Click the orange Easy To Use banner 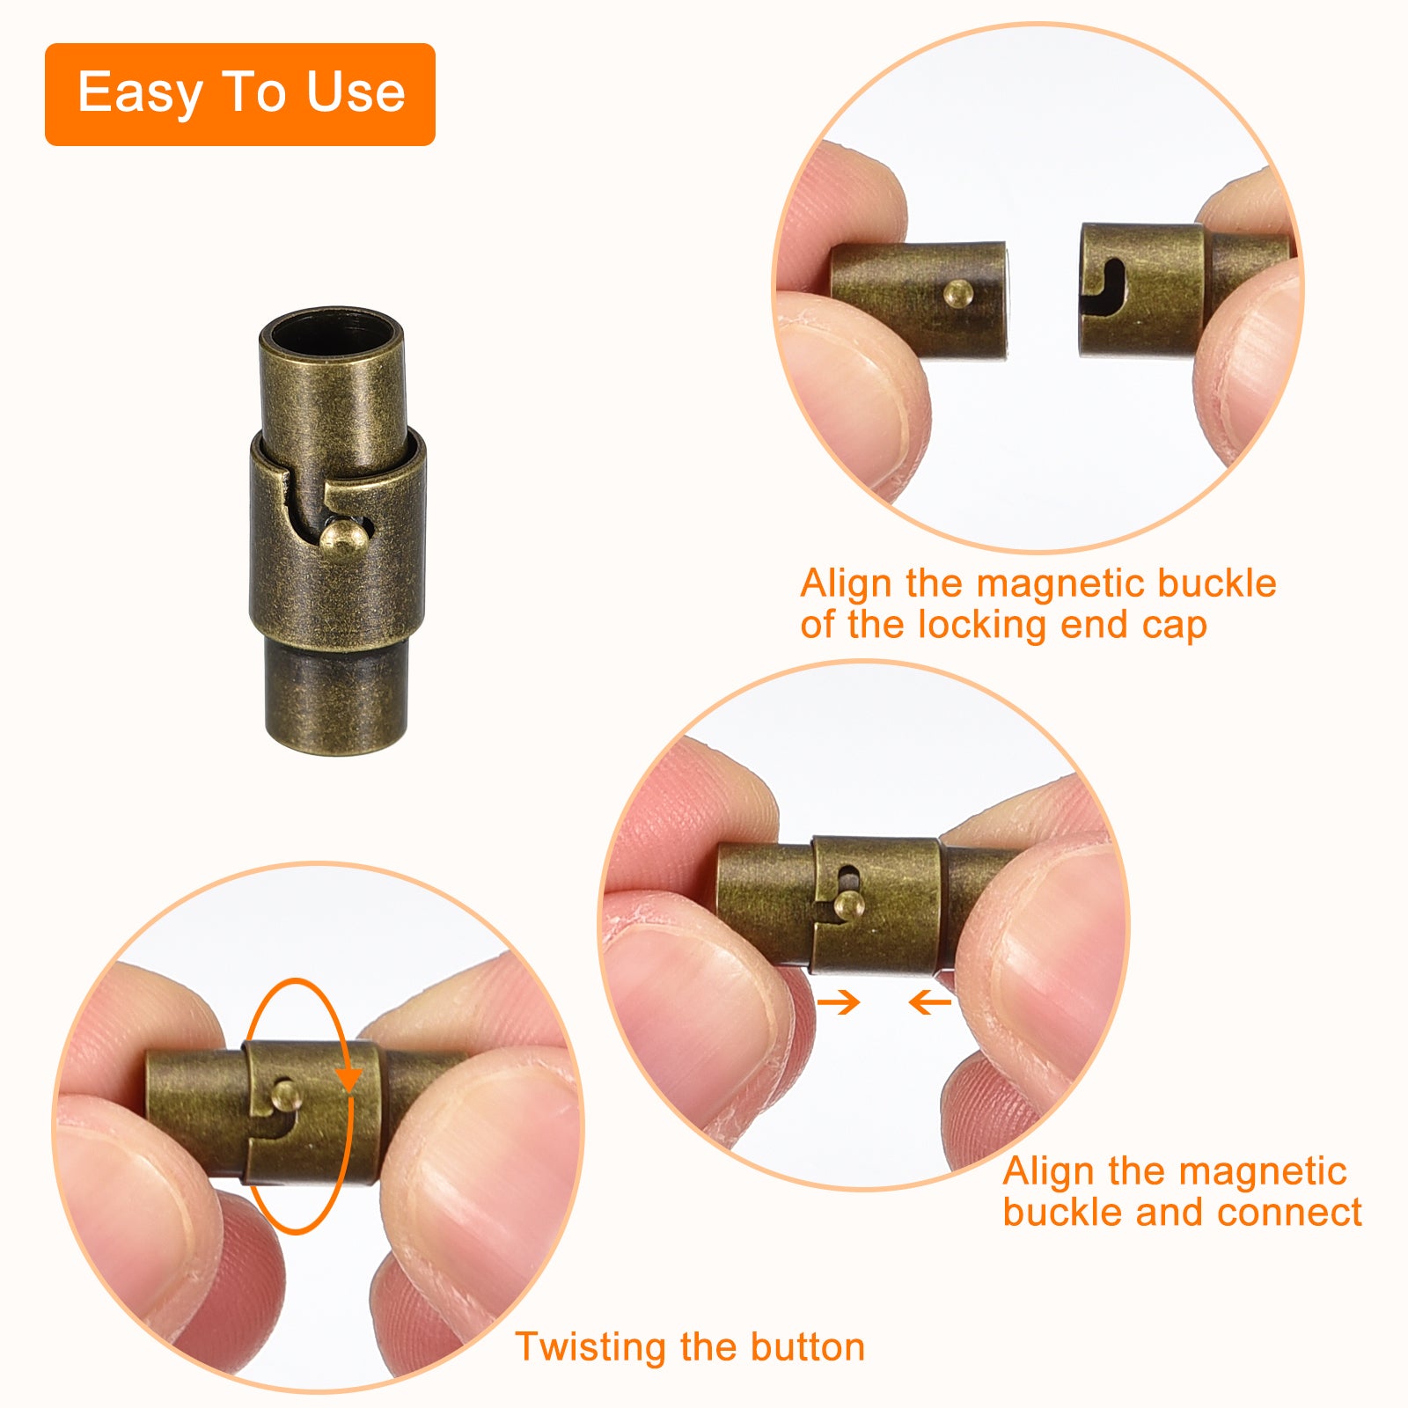coord(240,94)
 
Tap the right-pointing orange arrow coord(839,1001)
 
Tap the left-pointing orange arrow coord(929,1001)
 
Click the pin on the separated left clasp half coord(958,293)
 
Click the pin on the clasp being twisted coord(287,1095)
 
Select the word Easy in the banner coord(139,93)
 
